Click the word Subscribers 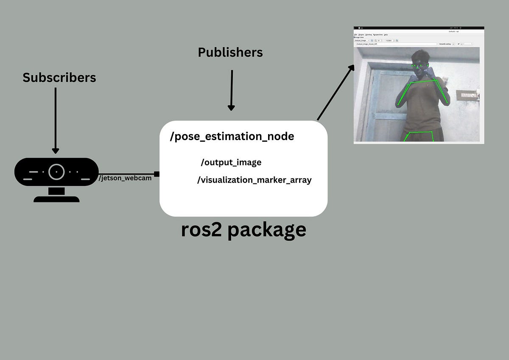pos(59,78)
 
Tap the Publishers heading pos(230,53)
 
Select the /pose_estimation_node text pos(232,137)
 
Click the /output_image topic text pos(231,163)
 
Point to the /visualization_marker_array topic pos(255,180)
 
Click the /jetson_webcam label pos(125,178)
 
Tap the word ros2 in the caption pos(201,230)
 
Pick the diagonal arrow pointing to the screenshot pos(336,93)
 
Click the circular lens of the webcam pos(56,172)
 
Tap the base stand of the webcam pos(56,198)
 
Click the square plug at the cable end pos(157,174)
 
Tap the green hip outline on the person pos(419,136)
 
